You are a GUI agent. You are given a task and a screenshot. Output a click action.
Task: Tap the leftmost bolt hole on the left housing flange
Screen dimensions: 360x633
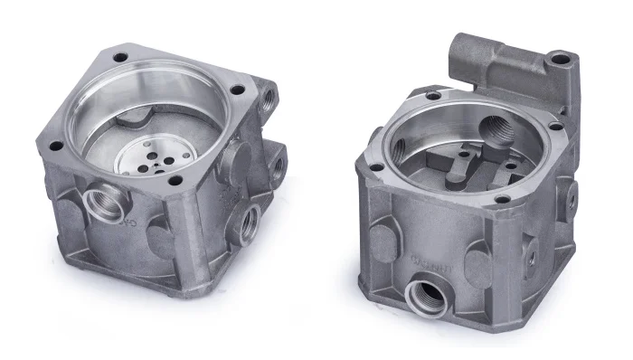55,145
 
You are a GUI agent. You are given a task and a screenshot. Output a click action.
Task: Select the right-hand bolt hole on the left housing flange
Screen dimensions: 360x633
237,90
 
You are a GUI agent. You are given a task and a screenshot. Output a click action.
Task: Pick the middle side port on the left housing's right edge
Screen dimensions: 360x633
274,164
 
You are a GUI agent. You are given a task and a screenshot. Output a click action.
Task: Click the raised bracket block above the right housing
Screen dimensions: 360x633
506,63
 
